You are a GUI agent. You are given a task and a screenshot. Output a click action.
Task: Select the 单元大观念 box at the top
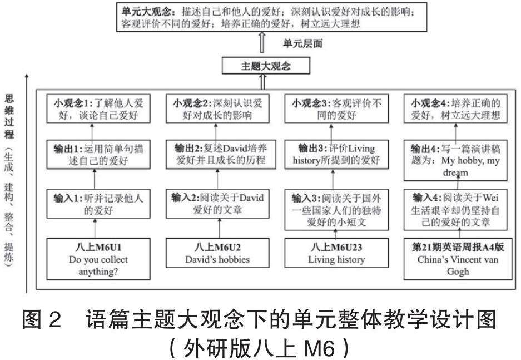coord(263,16)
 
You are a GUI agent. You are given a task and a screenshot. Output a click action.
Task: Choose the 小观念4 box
coord(455,109)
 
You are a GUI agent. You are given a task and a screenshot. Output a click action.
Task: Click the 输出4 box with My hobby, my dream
coord(455,160)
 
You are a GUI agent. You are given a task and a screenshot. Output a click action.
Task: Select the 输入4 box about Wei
coord(455,210)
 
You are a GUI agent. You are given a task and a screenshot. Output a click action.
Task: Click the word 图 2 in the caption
coord(41,322)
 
